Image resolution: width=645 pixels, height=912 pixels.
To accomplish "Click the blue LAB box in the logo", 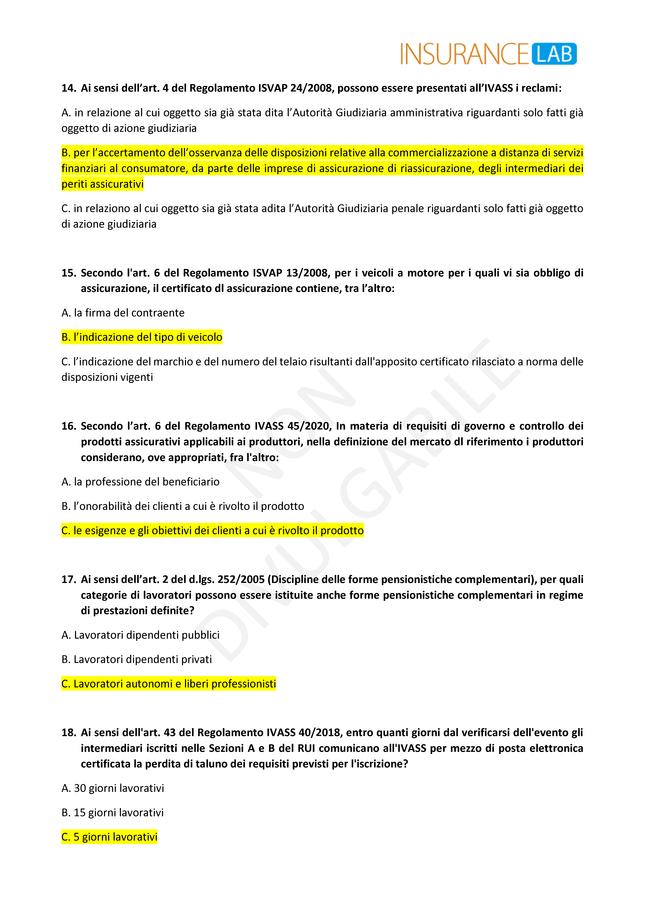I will tap(554, 54).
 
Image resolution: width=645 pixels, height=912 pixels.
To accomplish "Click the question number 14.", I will tap(68, 88).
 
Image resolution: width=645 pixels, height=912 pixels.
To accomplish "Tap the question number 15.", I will tap(68, 273).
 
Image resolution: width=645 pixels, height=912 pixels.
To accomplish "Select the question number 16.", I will tap(68, 426).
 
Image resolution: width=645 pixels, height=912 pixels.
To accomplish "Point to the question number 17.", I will tap(68, 579).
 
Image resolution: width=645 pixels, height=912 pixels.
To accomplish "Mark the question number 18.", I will tap(68, 732).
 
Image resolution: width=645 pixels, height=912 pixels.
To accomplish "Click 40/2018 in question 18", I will tap(320, 732).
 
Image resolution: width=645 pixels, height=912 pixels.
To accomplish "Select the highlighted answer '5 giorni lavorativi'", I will tap(110, 837).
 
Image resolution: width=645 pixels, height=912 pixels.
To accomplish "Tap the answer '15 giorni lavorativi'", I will tap(113, 813).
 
